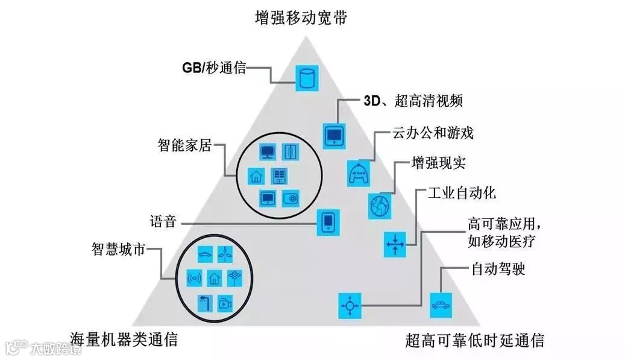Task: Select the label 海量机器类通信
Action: click(x=124, y=339)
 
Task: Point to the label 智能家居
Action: click(x=185, y=145)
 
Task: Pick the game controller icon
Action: click(x=359, y=174)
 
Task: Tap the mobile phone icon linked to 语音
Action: click(x=327, y=222)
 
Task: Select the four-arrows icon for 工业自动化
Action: click(x=395, y=244)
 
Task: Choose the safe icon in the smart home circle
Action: click(x=291, y=198)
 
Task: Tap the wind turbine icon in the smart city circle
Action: click(x=224, y=255)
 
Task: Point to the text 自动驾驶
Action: click(x=498, y=269)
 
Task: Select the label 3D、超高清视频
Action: click(x=413, y=101)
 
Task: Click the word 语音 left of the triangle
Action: click(x=163, y=221)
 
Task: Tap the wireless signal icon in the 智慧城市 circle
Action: click(x=195, y=278)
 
